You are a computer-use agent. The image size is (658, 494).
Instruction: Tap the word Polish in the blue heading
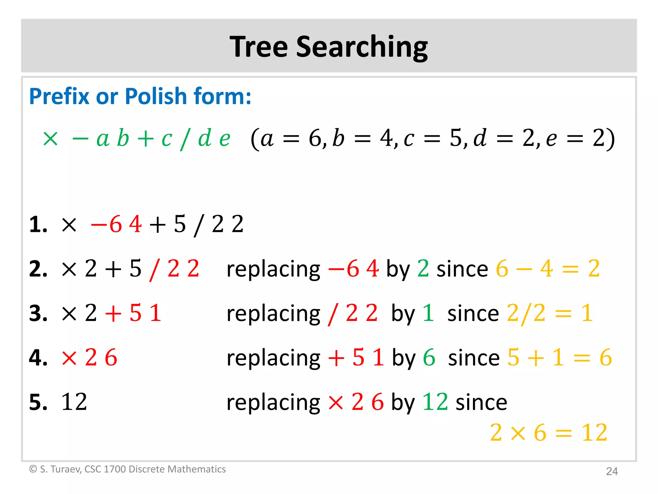(156, 96)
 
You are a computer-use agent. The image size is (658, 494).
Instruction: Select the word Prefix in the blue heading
(59, 96)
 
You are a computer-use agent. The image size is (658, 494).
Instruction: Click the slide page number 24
(612, 471)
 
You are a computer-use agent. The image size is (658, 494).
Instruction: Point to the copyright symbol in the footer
(33, 469)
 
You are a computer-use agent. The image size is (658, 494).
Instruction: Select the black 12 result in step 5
(74, 402)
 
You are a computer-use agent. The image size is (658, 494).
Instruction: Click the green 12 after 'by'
(435, 402)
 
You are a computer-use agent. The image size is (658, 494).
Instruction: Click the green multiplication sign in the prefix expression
(50, 139)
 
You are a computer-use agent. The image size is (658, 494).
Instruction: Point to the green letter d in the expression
(205, 138)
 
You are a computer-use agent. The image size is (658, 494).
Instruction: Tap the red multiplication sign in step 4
(69, 358)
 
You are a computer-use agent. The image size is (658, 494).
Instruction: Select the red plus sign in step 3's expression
(113, 314)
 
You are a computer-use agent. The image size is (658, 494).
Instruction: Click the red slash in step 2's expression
(154, 270)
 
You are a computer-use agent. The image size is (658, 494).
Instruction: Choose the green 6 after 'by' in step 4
(429, 358)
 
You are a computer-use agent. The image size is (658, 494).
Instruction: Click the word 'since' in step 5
(481, 403)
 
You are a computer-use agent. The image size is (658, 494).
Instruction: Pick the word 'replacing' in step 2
(273, 270)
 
